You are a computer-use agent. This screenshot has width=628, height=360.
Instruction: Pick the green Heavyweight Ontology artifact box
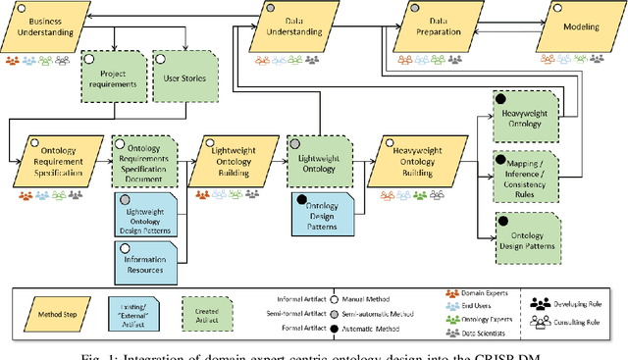click(x=528, y=116)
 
